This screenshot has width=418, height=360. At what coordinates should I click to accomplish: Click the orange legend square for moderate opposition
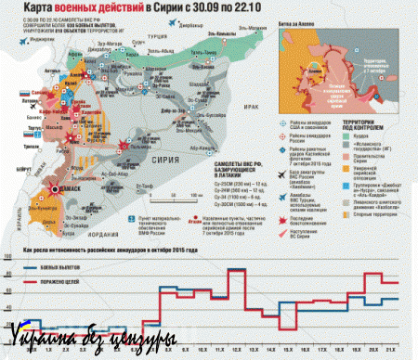point(344,185)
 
